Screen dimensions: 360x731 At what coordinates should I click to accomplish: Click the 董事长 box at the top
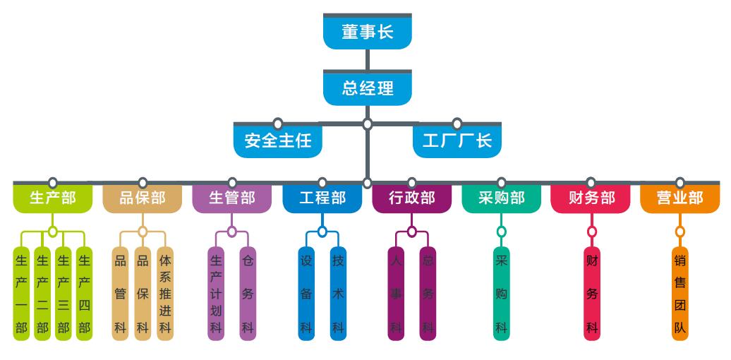[367, 32]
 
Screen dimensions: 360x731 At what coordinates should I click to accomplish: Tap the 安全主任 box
[278, 140]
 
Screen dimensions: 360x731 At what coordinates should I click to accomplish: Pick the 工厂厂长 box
[457, 140]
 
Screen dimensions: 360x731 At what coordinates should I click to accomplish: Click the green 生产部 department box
[52, 198]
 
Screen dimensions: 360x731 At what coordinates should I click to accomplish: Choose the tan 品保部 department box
[142, 198]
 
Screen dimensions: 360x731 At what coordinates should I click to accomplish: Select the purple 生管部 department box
[231, 198]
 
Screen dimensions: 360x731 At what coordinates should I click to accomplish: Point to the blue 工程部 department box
[322, 198]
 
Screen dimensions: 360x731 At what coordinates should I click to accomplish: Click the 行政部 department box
[411, 198]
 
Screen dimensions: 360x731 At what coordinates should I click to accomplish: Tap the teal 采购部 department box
[501, 198]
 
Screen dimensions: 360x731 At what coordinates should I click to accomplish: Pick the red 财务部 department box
[591, 198]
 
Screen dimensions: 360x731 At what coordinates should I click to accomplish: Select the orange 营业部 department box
[679, 198]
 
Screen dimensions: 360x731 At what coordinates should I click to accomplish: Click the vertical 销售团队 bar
[679, 294]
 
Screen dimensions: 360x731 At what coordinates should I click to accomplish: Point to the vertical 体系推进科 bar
[165, 294]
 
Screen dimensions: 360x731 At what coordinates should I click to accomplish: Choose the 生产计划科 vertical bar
[216, 294]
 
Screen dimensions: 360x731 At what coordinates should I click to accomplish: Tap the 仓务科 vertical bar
[248, 294]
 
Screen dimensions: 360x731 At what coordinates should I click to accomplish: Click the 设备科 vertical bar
[306, 294]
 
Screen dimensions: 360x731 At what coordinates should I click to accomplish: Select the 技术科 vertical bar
[338, 294]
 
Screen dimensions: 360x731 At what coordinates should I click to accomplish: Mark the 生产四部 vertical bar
[85, 294]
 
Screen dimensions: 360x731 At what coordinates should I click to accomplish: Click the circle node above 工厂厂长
[457, 124]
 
